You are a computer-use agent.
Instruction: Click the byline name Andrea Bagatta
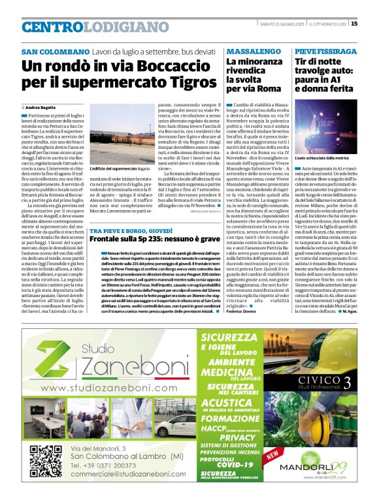(x=41, y=106)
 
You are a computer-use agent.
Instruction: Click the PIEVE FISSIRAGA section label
(x=326, y=51)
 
